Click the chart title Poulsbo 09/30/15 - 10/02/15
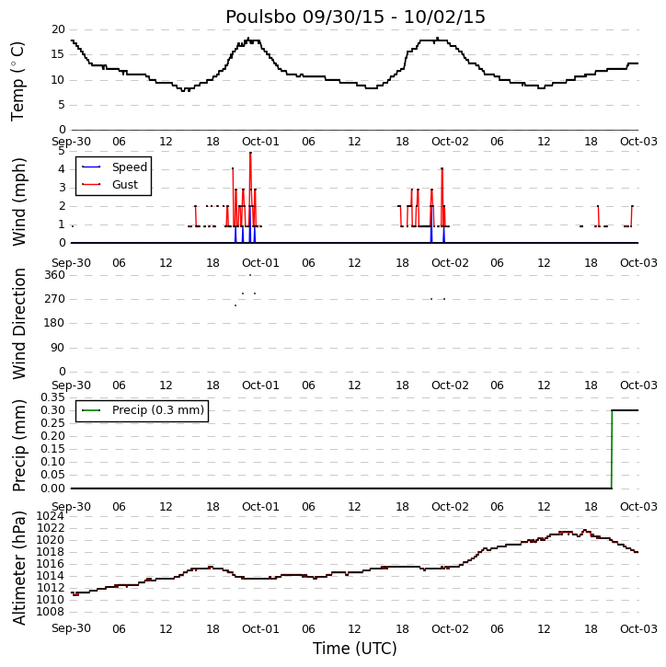click(355, 17)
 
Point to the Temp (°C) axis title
click(17, 81)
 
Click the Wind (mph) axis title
click(19, 201)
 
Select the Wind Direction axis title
click(19, 324)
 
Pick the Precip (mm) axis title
click(19, 445)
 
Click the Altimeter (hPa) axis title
click(19, 568)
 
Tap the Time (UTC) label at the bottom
click(355, 649)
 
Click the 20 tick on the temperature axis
click(58, 29)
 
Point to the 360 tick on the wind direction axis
click(55, 275)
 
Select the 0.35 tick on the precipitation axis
click(52, 397)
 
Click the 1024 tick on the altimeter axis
click(51, 516)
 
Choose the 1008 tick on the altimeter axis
click(51, 612)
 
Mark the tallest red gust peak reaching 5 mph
click(250, 153)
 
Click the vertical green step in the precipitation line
click(612, 449)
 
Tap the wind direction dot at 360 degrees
click(250, 275)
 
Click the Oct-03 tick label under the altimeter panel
click(638, 628)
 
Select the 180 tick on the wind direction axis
click(55, 323)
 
